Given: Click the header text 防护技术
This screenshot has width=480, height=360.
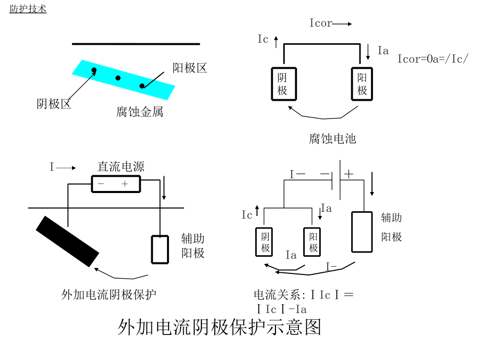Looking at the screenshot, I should click(28, 9).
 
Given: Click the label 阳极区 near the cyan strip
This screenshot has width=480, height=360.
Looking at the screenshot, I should click(190, 68).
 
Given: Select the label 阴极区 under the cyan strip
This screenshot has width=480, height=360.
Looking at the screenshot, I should click(54, 103).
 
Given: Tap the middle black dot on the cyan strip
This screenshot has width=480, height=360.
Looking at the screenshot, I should click(118, 78).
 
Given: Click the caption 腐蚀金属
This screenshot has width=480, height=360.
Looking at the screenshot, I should click(139, 112).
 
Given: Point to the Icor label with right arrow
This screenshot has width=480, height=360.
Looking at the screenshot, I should click(330, 23).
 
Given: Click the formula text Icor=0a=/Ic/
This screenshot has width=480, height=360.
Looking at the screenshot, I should click(433, 58).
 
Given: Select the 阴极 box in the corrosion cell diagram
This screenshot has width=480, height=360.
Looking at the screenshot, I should click(283, 84).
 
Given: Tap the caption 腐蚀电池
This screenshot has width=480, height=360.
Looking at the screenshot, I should click(332, 138).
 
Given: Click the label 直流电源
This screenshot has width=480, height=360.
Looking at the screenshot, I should click(121, 166).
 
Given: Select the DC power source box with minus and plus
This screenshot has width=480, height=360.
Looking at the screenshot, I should click(116, 184).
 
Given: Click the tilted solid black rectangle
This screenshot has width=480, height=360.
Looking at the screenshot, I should click(67, 241).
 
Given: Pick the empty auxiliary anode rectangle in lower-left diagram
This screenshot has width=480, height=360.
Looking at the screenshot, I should click(160, 249).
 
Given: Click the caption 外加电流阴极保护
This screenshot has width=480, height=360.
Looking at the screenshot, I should click(109, 295).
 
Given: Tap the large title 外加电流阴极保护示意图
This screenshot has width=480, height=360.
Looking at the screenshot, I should click(219, 327).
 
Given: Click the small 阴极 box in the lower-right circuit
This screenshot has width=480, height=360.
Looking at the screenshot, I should click(266, 242).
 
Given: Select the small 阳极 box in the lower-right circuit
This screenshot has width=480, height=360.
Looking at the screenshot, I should click(314, 242).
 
